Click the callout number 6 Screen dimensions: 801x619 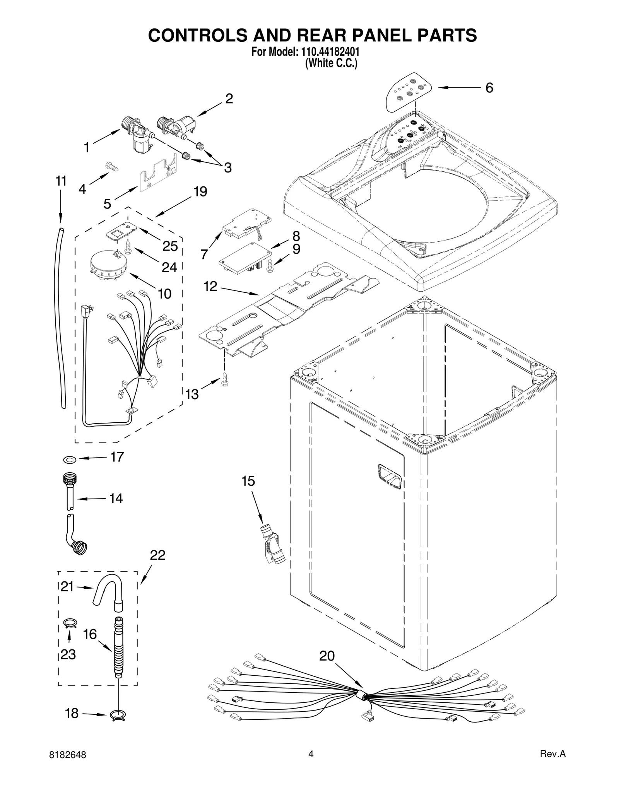click(x=489, y=88)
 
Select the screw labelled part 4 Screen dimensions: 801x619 click(x=112, y=167)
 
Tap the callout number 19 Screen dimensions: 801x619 click(x=200, y=191)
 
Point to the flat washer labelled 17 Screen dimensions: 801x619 click(x=69, y=459)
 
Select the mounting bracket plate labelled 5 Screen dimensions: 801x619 click(x=159, y=176)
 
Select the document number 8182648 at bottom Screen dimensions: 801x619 click(x=68, y=755)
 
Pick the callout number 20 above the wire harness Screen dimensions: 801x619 click(x=327, y=656)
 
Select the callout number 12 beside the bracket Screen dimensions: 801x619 click(x=210, y=287)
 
